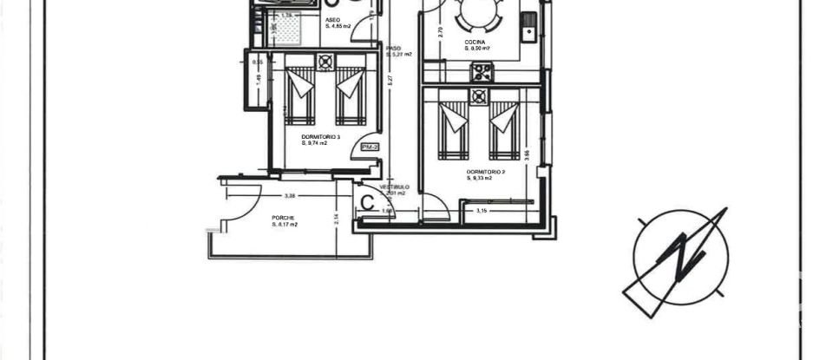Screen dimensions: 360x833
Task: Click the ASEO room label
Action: [332, 21]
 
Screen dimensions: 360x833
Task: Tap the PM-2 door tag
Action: [370, 147]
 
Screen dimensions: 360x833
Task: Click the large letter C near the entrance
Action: [368, 204]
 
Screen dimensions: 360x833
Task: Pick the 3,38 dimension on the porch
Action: [289, 195]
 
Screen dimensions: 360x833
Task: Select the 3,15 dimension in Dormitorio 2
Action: [481, 209]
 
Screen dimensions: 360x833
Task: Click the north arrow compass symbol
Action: [680, 256]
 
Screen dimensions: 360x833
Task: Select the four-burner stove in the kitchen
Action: [482, 72]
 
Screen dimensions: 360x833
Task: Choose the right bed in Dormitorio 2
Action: [502, 128]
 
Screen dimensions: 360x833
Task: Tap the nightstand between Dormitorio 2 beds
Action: [478, 96]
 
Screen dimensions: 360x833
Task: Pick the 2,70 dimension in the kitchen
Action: [440, 31]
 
